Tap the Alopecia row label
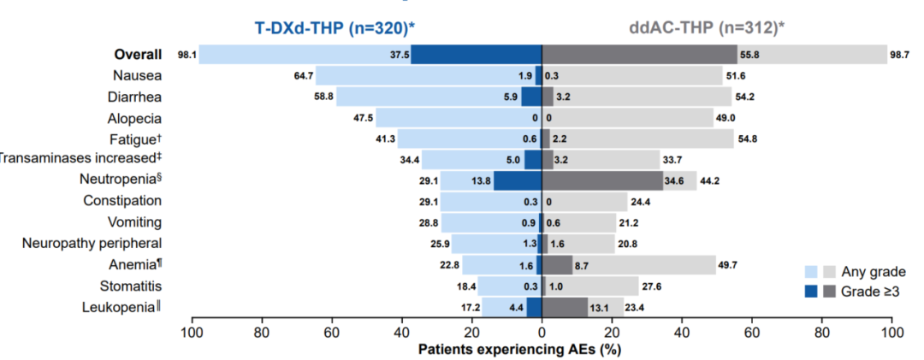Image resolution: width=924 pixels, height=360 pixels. [x=134, y=117]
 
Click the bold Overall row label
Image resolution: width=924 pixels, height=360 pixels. [x=138, y=54]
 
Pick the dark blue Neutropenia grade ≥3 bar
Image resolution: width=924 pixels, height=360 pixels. [x=518, y=180]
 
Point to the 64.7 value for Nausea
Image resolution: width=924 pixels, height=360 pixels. [x=303, y=76]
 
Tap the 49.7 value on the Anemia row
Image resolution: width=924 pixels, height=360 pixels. [x=728, y=265]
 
